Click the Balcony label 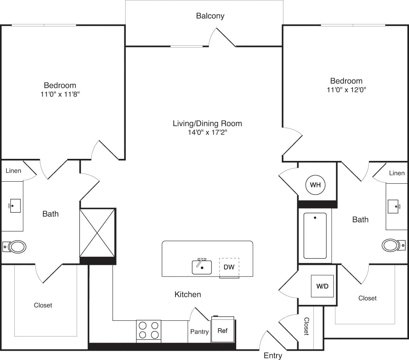(x=210, y=16)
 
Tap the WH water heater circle (x=315, y=185)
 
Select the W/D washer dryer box (x=322, y=286)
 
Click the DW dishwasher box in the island (x=229, y=267)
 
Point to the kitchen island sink (x=202, y=267)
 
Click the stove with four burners (x=149, y=330)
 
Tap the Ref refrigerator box (x=223, y=330)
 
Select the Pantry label (x=199, y=332)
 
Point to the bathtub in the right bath (x=315, y=236)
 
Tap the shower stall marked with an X (x=98, y=233)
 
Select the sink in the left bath (x=15, y=206)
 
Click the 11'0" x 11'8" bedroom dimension (x=60, y=94)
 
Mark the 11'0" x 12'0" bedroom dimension (x=346, y=90)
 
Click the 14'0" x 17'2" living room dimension (x=207, y=132)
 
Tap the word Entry (x=273, y=356)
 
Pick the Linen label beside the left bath (x=13, y=171)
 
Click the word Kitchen (x=187, y=294)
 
